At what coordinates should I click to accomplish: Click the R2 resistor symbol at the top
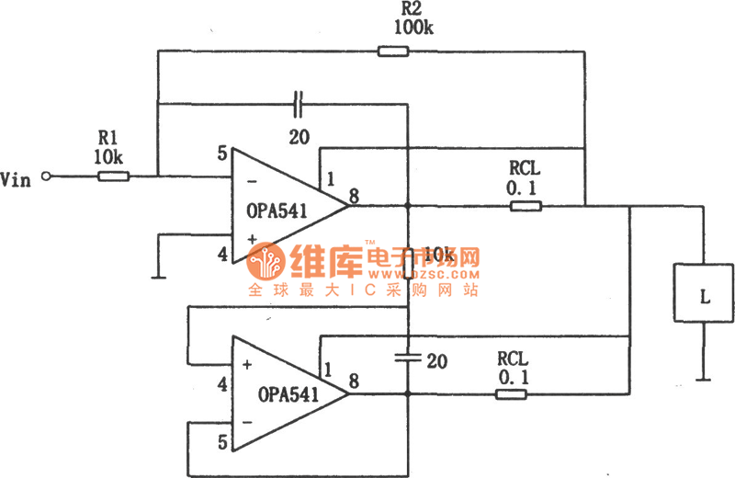392,51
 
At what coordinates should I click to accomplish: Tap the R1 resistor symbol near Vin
113,176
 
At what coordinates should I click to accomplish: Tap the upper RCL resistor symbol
526,207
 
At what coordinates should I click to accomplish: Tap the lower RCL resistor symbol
511,394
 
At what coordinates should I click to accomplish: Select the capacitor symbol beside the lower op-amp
407,359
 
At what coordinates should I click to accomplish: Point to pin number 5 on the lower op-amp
220,443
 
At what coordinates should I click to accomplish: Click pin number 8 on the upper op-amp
354,194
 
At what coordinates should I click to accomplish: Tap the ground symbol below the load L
704,376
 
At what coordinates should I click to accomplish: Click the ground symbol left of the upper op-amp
158,273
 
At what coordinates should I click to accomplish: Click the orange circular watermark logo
267,263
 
